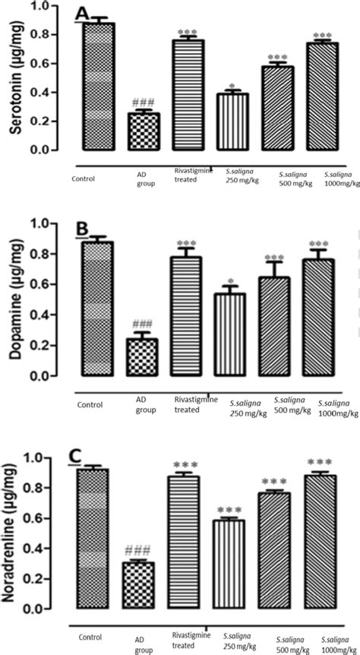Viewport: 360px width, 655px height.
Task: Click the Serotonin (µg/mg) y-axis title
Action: (14, 80)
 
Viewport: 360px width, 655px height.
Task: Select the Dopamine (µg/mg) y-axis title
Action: (14, 299)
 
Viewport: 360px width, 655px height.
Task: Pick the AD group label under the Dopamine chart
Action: (144, 405)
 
